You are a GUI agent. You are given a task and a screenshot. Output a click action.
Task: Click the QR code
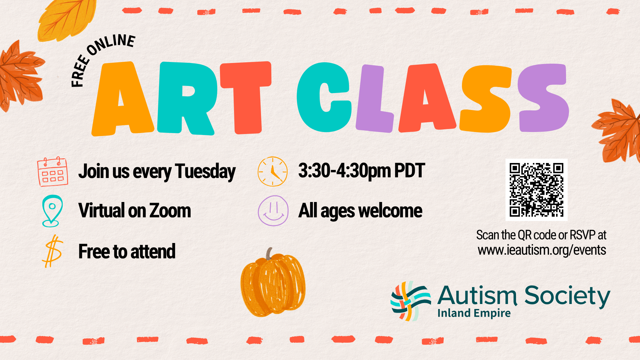coord(536,190)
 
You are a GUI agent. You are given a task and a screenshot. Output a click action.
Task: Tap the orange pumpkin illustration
coord(273,283)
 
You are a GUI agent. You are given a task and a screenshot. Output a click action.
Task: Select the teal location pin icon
coord(52,211)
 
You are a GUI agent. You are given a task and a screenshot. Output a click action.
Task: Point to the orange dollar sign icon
coord(52,251)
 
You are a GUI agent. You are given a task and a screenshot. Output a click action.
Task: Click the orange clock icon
coord(273,171)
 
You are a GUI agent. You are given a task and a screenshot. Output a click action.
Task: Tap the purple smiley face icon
coord(273,211)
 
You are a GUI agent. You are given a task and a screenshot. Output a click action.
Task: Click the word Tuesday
coord(205,172)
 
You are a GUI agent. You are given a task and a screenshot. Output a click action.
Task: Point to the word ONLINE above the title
coord(111,44)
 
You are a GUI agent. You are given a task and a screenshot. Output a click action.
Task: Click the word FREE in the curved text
coord(80,71)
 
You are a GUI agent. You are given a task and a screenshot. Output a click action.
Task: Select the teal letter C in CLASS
coord(324,97)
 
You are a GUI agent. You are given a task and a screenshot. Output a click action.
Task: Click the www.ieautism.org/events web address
coord(542,250)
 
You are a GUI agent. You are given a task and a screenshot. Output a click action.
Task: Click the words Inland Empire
coord(474,313)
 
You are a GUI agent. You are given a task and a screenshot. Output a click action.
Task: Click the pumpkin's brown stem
coord(269,254)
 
